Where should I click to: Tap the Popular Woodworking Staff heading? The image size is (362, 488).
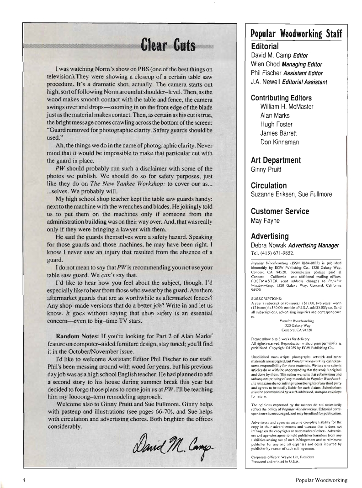(x=297, y=35)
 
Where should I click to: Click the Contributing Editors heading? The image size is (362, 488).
(x=282, y=98)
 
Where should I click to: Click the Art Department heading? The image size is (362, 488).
(x=276, y=160)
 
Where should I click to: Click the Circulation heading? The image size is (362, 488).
(x=269, y=186)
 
